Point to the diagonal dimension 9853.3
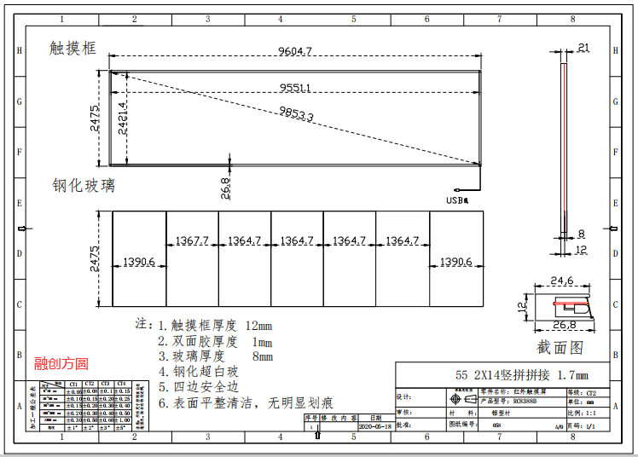[x=296, y=114]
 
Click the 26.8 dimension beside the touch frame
[x=225, y=187]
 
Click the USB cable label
[x=457, y=200]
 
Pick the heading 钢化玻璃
[x=83, y=185]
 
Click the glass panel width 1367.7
[x=192, y=241]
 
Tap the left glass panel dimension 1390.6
[x=139, y=262]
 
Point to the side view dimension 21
[x=583, y=48]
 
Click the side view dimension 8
[x=581, y=234]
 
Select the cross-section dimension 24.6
[x=561, y=280]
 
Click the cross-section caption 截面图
[x=560, y=347]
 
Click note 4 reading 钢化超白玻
[x=206, y=372]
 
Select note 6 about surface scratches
[x=245, y=402]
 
